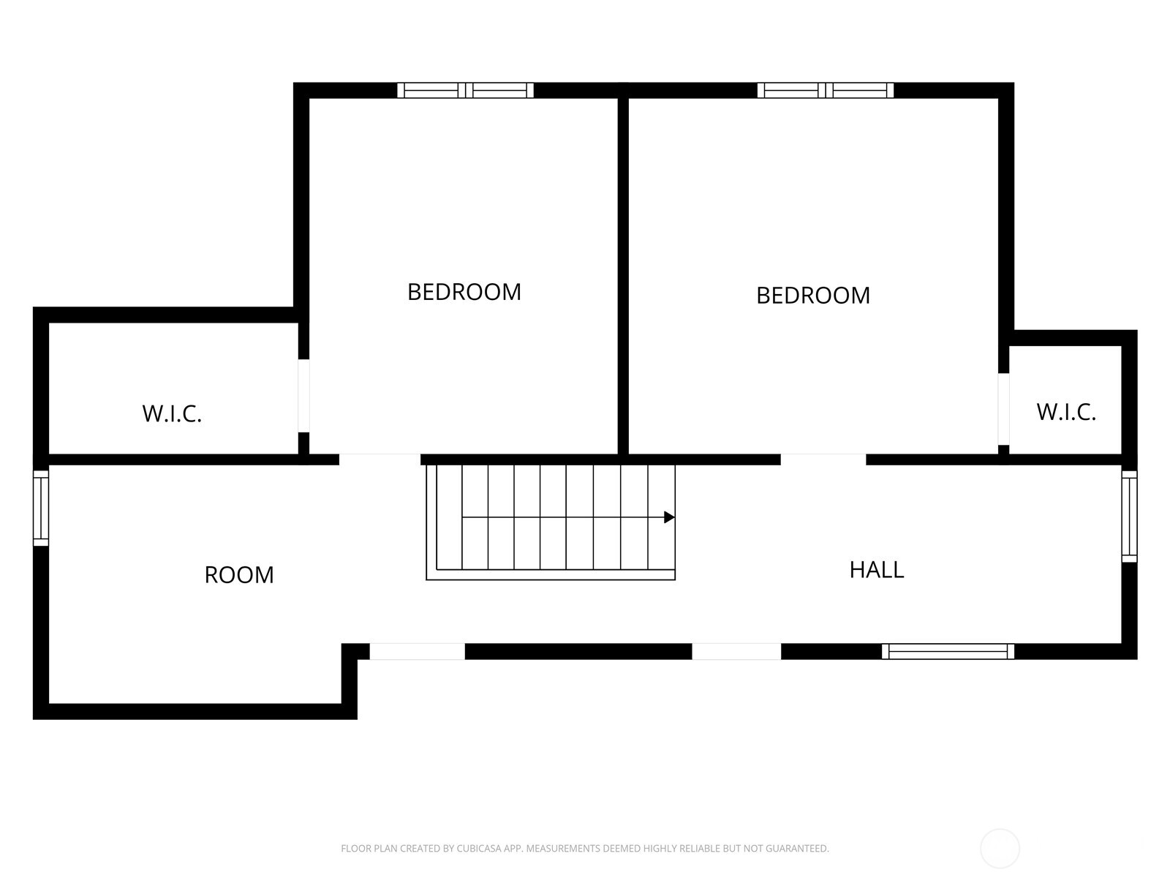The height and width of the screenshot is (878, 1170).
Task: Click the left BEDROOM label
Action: coord(464,292)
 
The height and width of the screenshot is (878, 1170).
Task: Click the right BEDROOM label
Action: coord(812,296)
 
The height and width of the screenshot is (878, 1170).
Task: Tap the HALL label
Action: coord(876,569)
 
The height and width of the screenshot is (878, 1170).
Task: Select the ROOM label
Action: coord(239,575)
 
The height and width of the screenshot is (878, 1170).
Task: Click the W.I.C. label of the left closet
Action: coord(172,413)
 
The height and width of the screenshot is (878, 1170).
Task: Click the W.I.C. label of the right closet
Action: coord(1065,412)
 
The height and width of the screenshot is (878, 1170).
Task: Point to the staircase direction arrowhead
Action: coord(668,517)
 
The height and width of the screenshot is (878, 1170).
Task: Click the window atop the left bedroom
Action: coord(465,91)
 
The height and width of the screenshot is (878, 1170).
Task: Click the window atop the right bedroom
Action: coord(825,91)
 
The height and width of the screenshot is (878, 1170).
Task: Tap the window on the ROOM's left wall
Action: coord(41,508)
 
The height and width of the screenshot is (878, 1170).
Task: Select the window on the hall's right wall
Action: coord(1129,517)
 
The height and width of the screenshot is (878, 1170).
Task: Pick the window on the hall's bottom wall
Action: coord(948,651)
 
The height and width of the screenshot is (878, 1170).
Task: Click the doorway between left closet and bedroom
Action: coord(303,396)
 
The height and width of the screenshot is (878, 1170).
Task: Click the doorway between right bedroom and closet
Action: coord(1004,409)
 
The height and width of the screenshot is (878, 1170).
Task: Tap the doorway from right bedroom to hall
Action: coord(823,459)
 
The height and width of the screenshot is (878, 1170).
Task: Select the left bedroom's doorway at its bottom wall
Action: coord(380,459)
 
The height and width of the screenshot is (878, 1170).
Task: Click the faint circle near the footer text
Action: coord(1000,849)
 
